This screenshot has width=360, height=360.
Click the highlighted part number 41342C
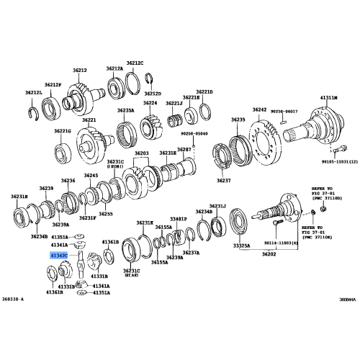[59, 256]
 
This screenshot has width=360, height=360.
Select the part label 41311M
[330, 96]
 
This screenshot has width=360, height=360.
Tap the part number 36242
[259, 109]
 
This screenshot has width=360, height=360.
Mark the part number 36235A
[126, 110]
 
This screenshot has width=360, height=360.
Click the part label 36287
[184, 148]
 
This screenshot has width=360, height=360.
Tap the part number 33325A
[241, 246]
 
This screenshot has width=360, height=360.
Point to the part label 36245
[91, 176]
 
